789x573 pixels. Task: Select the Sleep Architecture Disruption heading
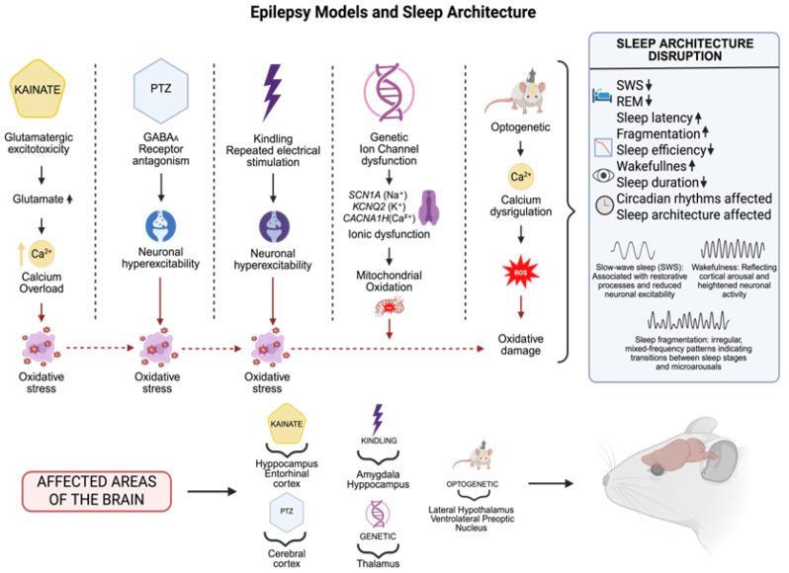coord(686,51)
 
